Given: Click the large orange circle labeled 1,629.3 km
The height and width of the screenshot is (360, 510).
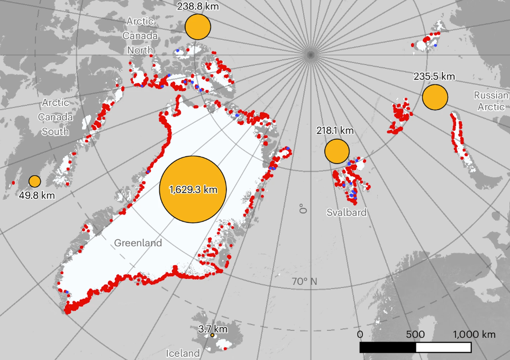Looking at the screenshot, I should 193,190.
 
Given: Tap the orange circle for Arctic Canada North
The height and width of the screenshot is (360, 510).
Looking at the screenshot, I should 198,26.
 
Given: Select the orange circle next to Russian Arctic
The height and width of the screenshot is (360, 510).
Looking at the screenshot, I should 435,97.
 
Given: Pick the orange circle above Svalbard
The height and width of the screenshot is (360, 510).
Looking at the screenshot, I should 336,151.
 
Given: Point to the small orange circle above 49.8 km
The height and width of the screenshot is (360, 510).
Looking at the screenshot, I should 35,181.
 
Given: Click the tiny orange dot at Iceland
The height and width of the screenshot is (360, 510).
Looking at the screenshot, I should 212,335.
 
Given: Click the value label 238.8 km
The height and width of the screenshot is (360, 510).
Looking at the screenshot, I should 198,6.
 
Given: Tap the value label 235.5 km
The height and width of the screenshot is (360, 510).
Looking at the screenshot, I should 434,76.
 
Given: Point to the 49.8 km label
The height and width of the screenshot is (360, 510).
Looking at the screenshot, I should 37,195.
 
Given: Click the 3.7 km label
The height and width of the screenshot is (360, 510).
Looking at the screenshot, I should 213,329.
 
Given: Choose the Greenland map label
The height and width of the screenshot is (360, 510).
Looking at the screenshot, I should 138,243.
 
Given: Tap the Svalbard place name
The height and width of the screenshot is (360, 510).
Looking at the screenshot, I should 346,212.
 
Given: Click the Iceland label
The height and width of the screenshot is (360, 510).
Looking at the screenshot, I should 183,353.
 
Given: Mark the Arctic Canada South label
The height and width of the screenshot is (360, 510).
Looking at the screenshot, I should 56,116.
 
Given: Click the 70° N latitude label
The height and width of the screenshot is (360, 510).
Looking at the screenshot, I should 304,281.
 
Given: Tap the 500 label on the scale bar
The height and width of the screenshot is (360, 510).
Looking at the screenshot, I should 415,335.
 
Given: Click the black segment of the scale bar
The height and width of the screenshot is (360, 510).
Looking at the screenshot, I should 387,347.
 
